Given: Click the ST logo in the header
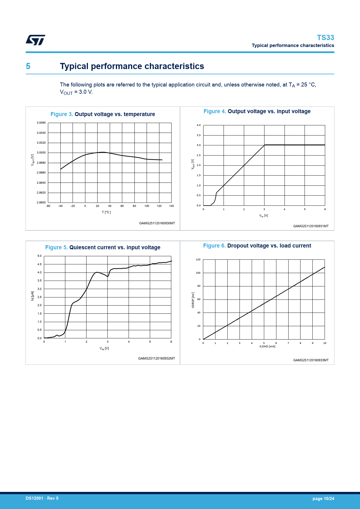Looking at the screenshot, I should [35, 40].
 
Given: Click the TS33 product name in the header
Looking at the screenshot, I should [325, 38].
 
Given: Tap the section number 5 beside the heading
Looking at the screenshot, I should [28, 66].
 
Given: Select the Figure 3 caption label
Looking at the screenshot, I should [62, 114].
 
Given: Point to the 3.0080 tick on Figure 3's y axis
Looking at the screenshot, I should [41, 123].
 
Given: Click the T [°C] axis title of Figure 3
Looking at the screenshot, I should [106, 212].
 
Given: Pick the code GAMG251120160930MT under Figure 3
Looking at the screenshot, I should [157, 223].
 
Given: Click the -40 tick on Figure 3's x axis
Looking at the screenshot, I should [60, 206].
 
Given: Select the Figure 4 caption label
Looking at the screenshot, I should [215, 111].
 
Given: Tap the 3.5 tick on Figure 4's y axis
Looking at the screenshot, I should [199, 135].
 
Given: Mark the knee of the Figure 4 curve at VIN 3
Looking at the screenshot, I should [264, 145].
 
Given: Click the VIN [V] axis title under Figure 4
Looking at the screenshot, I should [264, 216].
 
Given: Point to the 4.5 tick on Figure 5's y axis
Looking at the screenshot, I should [39, 264].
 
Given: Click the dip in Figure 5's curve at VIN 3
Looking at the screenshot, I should [107, 276].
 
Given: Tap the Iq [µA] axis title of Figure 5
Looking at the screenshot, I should [33, 296].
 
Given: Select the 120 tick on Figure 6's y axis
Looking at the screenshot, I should [198, 259].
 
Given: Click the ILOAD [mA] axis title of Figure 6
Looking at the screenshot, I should [267, 346].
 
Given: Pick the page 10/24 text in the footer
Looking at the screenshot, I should [323, 499].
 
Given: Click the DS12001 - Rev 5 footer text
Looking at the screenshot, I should [42, 498].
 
